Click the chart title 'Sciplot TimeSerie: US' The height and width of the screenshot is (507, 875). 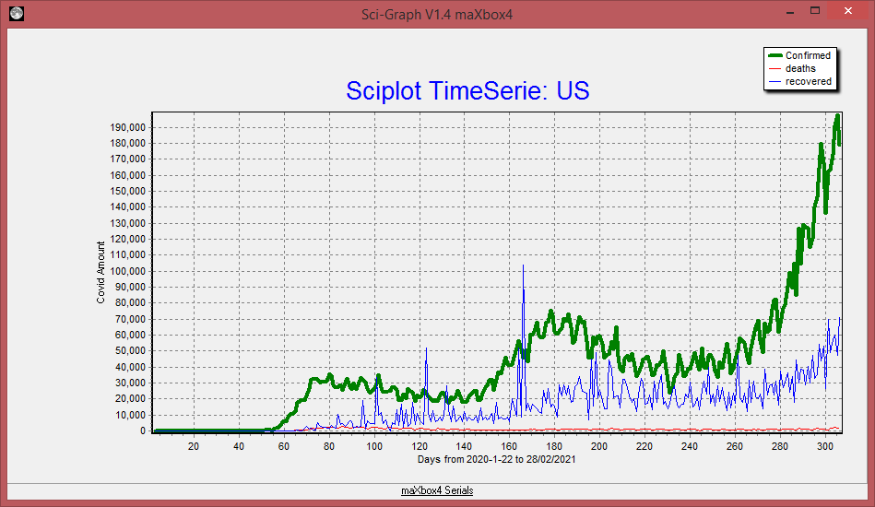467,90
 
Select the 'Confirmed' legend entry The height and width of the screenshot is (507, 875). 808,55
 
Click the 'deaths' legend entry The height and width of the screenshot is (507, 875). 800,68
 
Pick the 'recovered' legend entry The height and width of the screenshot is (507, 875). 808,81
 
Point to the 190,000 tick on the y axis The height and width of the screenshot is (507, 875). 127,127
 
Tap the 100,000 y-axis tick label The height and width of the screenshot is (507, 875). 127,271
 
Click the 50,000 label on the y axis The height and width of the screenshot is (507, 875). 130,350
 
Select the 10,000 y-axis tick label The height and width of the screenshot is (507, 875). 130,415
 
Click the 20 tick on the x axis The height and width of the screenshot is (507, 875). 194,447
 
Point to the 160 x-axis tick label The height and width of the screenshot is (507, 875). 509,447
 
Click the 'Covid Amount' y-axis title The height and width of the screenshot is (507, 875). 101,273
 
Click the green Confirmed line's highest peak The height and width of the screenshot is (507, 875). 837,115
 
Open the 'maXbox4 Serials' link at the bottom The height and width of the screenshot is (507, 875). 437,490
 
